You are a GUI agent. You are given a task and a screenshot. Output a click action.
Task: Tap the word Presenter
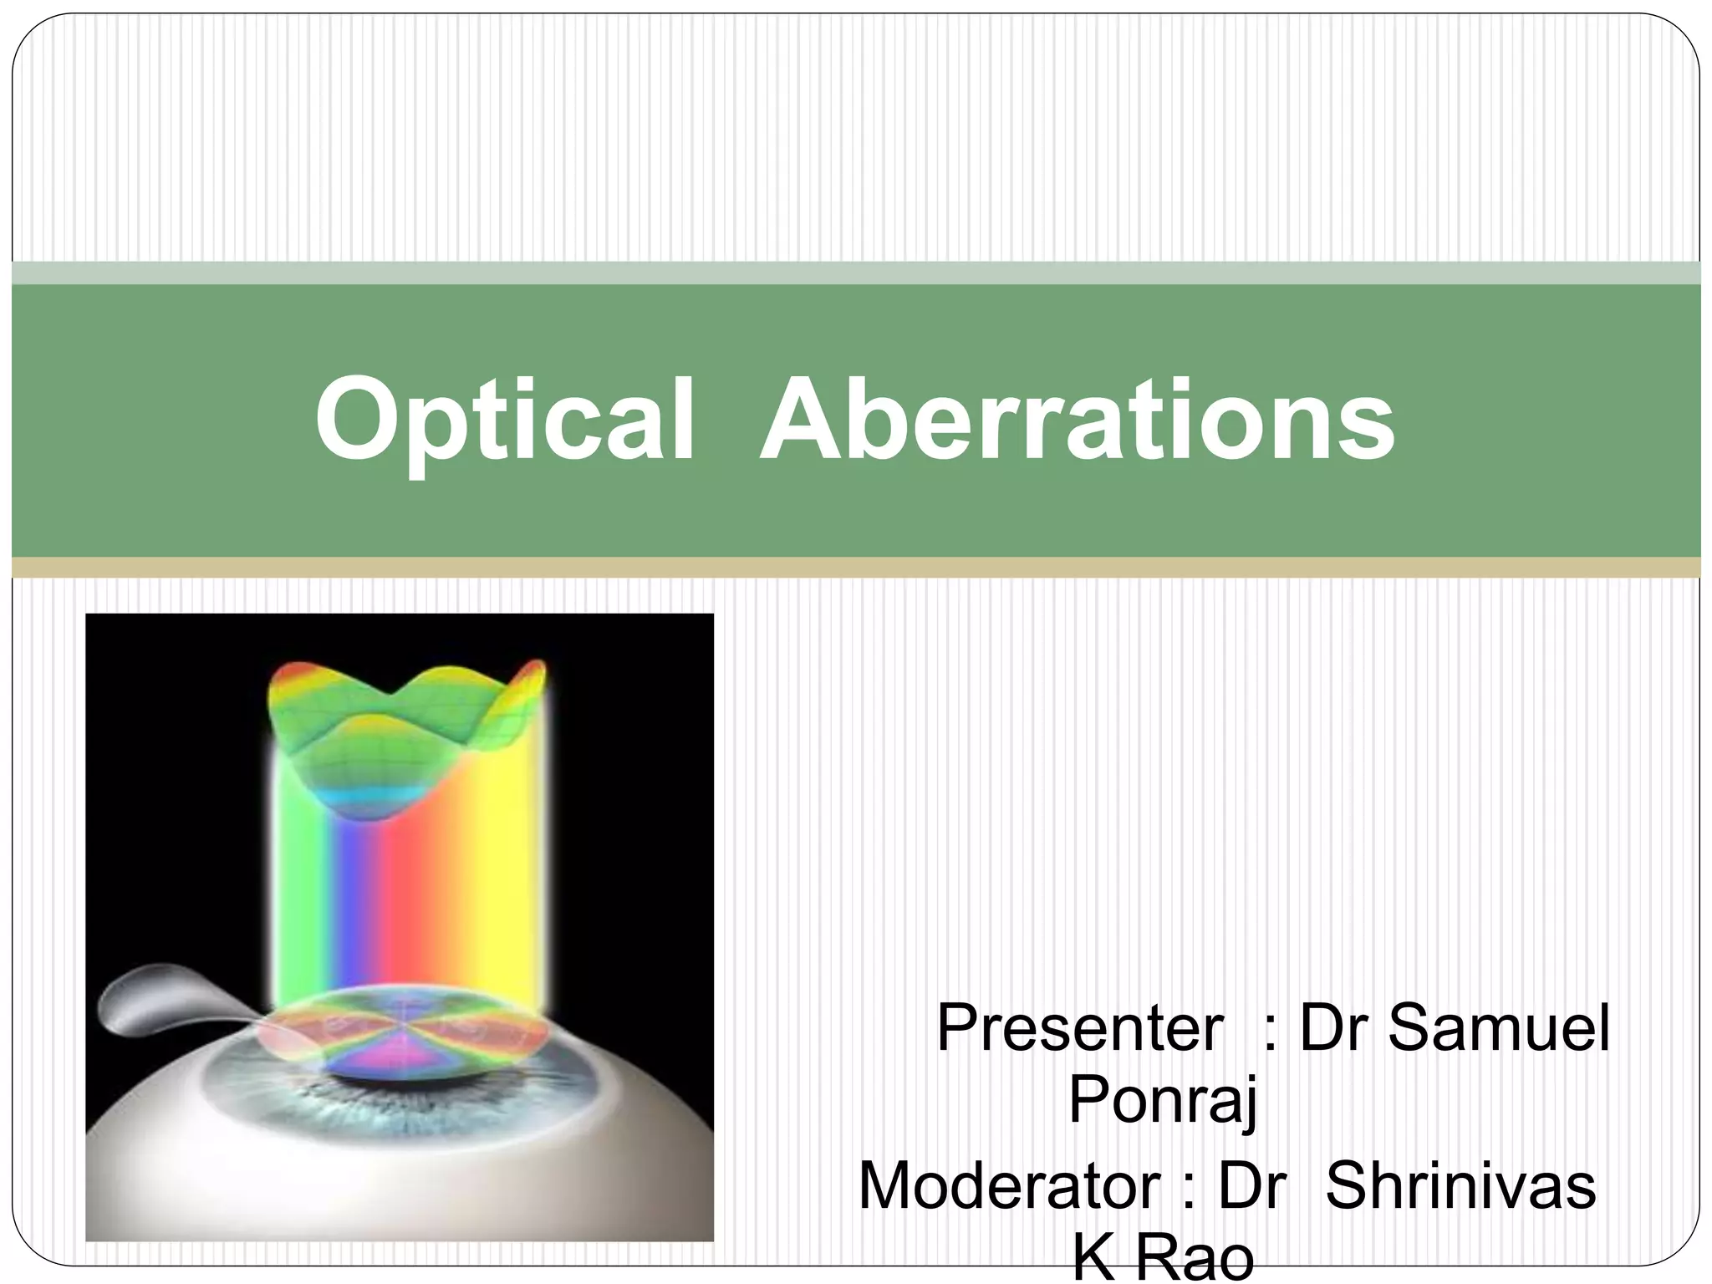point(1079,1027)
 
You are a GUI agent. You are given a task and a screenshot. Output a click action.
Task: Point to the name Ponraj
point(1163,1102)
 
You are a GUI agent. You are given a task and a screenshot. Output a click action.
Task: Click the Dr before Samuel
point(1334,1027)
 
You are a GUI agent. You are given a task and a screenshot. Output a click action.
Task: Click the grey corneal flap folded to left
point(159,995)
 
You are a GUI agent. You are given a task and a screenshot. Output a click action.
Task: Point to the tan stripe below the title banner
point(856,567)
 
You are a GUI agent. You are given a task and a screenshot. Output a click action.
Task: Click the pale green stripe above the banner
point(856,273)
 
